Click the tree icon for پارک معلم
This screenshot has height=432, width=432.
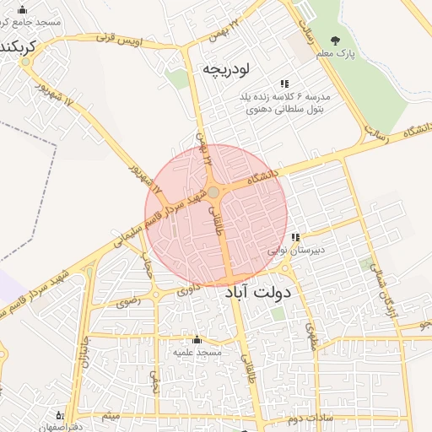coord(337,40)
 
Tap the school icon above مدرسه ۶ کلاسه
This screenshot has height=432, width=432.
coord(284,84)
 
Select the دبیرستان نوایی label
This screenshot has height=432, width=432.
coord(296,251)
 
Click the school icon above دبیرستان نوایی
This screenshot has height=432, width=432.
coord(295,237)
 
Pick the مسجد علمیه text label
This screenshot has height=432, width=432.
coord(196,352)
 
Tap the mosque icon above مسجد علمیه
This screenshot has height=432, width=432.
coord(197,339)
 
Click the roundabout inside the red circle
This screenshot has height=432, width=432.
coord(213,192)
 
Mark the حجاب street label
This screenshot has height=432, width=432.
coord(145,269)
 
